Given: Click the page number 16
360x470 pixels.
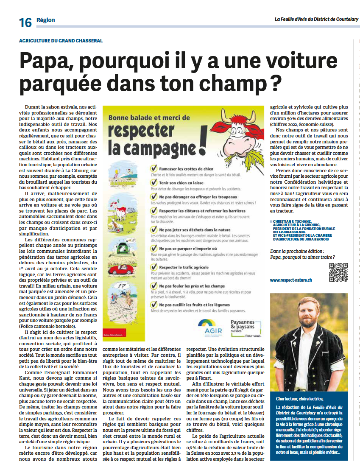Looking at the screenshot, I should [25, 22].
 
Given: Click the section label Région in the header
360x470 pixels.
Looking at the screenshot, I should [45, 20].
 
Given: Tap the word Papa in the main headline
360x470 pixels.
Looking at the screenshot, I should [47, 62].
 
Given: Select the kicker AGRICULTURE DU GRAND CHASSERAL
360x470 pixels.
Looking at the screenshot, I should [61, 41].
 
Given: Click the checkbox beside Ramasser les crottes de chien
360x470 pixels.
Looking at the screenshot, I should [154, 168].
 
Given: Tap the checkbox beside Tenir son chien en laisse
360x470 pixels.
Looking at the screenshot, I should [154, 182].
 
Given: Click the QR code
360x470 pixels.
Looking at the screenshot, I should [338, 272].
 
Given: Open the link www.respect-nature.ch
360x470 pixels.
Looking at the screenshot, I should [291, 280].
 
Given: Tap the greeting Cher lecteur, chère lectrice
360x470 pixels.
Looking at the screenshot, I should [299, 399].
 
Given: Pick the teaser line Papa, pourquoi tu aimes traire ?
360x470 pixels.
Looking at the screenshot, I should [302, 257].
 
